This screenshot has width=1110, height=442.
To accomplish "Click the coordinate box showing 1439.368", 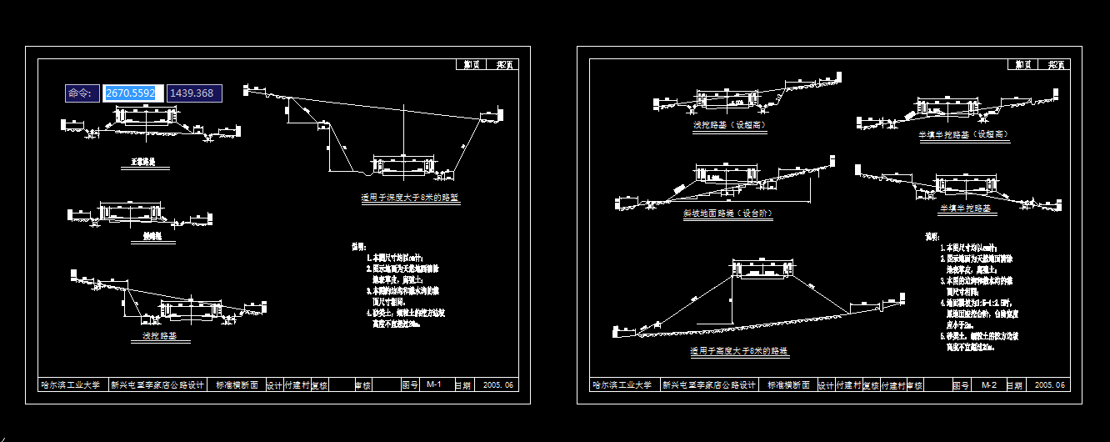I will click(193, 93).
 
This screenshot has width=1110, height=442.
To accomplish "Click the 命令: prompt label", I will click(82, 93).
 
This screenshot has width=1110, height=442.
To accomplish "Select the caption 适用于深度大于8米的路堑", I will click(410, 198).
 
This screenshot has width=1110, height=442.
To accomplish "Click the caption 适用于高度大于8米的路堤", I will click(739, 352).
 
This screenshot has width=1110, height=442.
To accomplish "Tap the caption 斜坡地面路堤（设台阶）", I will click(727, 213).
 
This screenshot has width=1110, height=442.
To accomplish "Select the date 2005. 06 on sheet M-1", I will click(499, 385).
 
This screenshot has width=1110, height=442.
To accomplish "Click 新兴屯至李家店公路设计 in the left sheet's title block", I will click(157, 385).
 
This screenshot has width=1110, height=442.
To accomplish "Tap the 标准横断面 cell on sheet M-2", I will click(787, 385).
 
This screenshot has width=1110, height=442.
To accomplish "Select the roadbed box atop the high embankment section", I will click(762, 269).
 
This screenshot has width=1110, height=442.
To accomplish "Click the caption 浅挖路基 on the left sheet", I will click(165, 337).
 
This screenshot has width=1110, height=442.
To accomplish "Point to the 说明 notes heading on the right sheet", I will click(932, 237).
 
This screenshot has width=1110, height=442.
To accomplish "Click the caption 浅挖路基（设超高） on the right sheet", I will click(729, 125).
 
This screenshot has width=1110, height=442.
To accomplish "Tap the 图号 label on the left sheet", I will click(409, 385).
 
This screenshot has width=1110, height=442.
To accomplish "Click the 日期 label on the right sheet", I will click(1014, 385).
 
